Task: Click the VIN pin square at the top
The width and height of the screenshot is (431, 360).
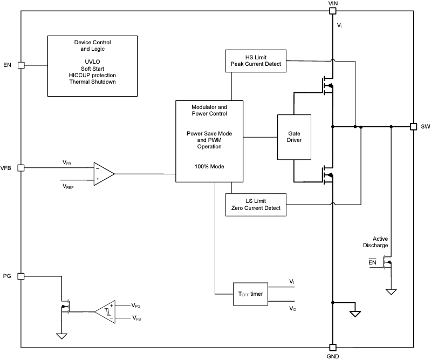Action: [332, 10]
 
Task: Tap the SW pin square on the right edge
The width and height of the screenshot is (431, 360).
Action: [413, 127]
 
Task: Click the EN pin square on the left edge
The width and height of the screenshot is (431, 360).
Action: [22, 65]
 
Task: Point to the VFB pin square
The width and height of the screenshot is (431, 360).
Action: [22, 168]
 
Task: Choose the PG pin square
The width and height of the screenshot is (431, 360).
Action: [22, 276]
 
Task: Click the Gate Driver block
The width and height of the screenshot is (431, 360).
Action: [294, 137]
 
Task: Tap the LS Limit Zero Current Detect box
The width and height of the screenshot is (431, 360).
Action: [256, 204]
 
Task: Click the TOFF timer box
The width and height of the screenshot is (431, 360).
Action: [250, 294]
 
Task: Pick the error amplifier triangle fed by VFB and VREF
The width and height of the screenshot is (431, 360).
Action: [103, 174]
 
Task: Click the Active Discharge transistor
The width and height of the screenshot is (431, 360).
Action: [387, 263]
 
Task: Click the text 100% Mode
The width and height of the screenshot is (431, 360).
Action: [210, 167]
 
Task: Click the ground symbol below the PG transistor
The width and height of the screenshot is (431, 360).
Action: [62, 335]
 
